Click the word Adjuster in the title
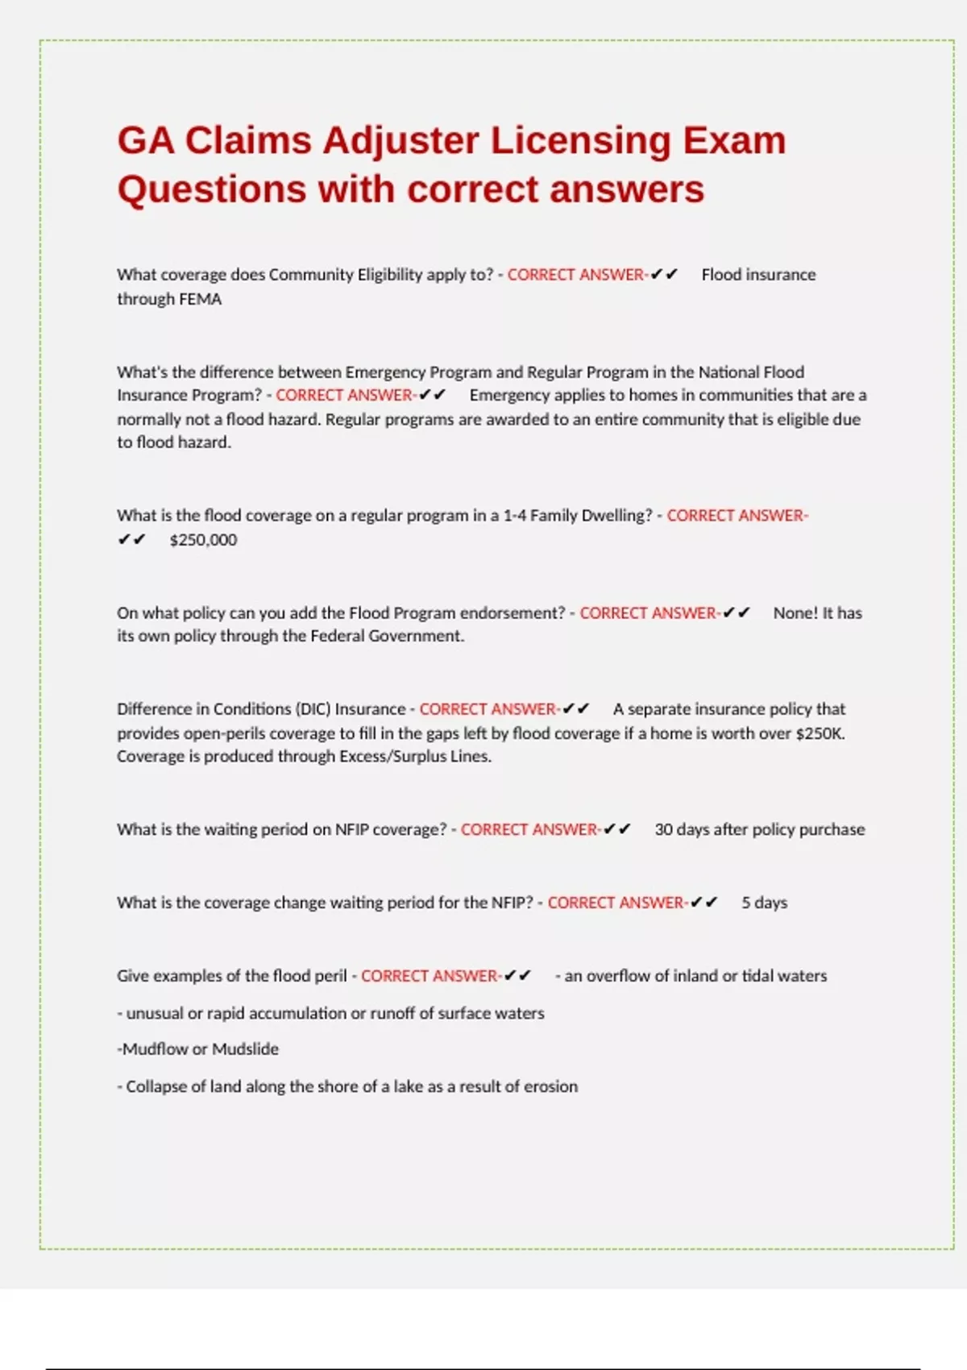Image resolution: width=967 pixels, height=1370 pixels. tap(400, 141)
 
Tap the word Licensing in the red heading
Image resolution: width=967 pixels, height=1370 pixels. tap(580, 141)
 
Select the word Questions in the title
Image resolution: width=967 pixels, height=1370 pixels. tap(211, 190)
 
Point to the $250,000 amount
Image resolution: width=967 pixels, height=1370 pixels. tap(203, 540)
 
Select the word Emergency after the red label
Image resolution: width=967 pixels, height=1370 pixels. tap(508, 395)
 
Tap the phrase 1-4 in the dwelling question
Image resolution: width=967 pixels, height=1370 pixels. tap(514, 516)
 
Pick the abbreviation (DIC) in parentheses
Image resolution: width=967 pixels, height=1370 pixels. tap(313, 709)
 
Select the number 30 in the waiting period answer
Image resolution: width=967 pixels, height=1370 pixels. tap(663, 829)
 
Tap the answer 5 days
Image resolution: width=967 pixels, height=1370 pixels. tap(764, 903)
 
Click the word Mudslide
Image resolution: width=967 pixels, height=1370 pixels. tap(245, 1049)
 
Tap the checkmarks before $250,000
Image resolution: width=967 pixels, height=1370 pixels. tap(131, 540)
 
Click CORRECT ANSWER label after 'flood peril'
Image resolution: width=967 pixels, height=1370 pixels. tap(430, 976)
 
